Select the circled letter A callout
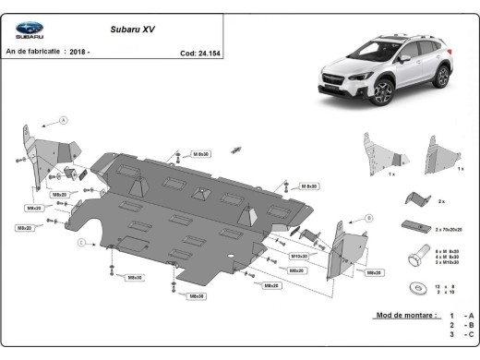tap(64, 121)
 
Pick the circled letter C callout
tap(82, 242)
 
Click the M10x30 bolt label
tap(299, 256)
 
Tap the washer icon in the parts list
tap(421, 274)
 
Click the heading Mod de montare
tap(405, 316)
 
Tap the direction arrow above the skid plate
tap(236, 149)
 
